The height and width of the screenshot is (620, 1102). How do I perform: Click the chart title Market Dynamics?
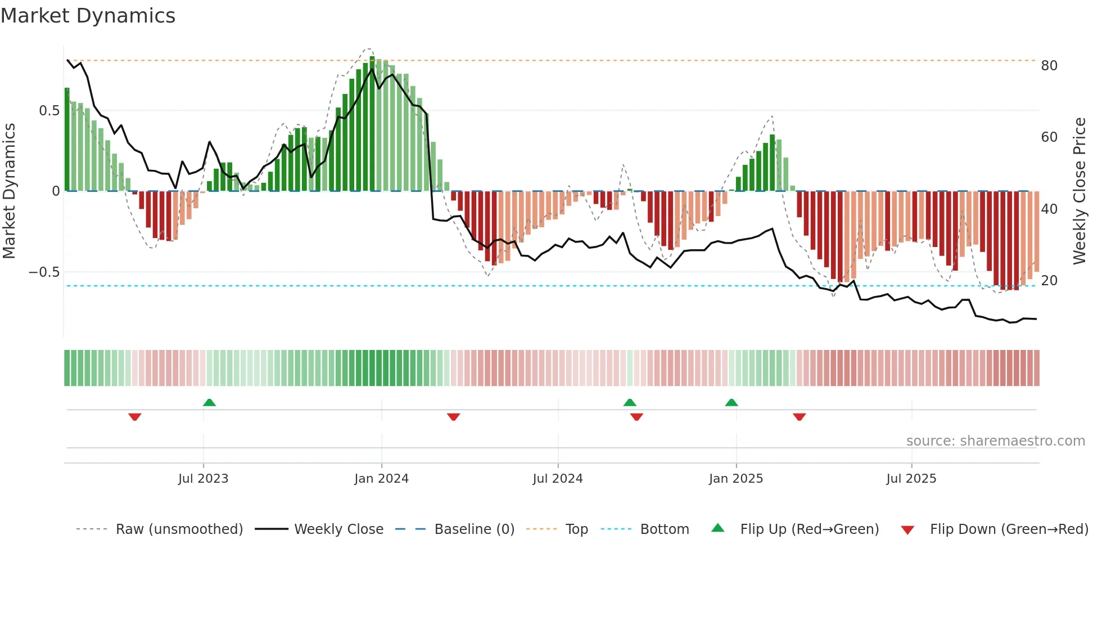(x=88, y=16)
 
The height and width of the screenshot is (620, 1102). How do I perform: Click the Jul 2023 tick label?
(x=203, y=479)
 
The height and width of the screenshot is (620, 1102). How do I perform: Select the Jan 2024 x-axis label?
(x=381, y=479)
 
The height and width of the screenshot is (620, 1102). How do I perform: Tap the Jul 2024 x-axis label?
(x=557, y=479)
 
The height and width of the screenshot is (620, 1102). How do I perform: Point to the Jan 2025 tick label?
(x=735, y=479)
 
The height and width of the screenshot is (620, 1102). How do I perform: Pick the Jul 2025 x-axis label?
(x=911, y=479)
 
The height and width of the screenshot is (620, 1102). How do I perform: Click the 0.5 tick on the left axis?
(x=49, y=111)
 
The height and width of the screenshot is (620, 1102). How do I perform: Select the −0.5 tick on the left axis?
(x=44, y=272)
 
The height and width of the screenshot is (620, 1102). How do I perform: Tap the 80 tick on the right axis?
(x=1049, y=66)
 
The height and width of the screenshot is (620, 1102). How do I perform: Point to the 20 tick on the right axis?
(x=1049, y=281)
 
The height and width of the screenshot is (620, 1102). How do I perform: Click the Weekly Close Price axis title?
(x=1079, y=191)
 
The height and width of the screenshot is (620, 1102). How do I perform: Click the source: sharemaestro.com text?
(x=995, y=441)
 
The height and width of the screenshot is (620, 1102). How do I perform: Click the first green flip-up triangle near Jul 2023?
(x=209, y=403)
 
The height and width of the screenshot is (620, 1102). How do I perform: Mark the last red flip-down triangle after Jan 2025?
(x=799, y=417)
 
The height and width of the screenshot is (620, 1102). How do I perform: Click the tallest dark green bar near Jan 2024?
(x=372, y=124)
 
